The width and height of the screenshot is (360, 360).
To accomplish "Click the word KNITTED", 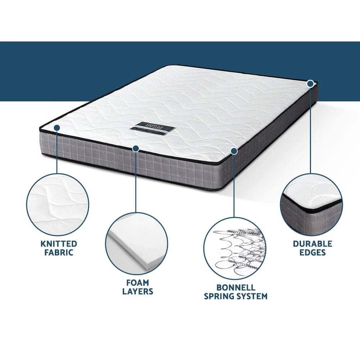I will coord(59,244).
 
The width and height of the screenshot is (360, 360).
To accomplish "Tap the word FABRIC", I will coord(59,252).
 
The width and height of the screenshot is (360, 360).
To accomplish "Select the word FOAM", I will coord(138,283).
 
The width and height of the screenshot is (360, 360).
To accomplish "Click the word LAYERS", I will coord(138,291).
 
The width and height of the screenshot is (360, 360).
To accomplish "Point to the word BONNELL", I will coord(236,288).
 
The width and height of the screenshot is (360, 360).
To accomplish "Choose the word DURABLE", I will coord(312,244).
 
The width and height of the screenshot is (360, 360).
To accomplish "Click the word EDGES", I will coord(312,252).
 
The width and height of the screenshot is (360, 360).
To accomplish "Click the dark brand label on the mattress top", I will coord(149,129).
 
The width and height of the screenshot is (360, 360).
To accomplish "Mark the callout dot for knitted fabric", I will coord(57,127).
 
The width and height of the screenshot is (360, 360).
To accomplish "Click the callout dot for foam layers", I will coord(136,148).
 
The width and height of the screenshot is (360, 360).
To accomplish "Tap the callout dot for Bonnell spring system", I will coord(234,152).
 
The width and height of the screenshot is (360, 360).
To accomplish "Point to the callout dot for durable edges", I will coord(310,84).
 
